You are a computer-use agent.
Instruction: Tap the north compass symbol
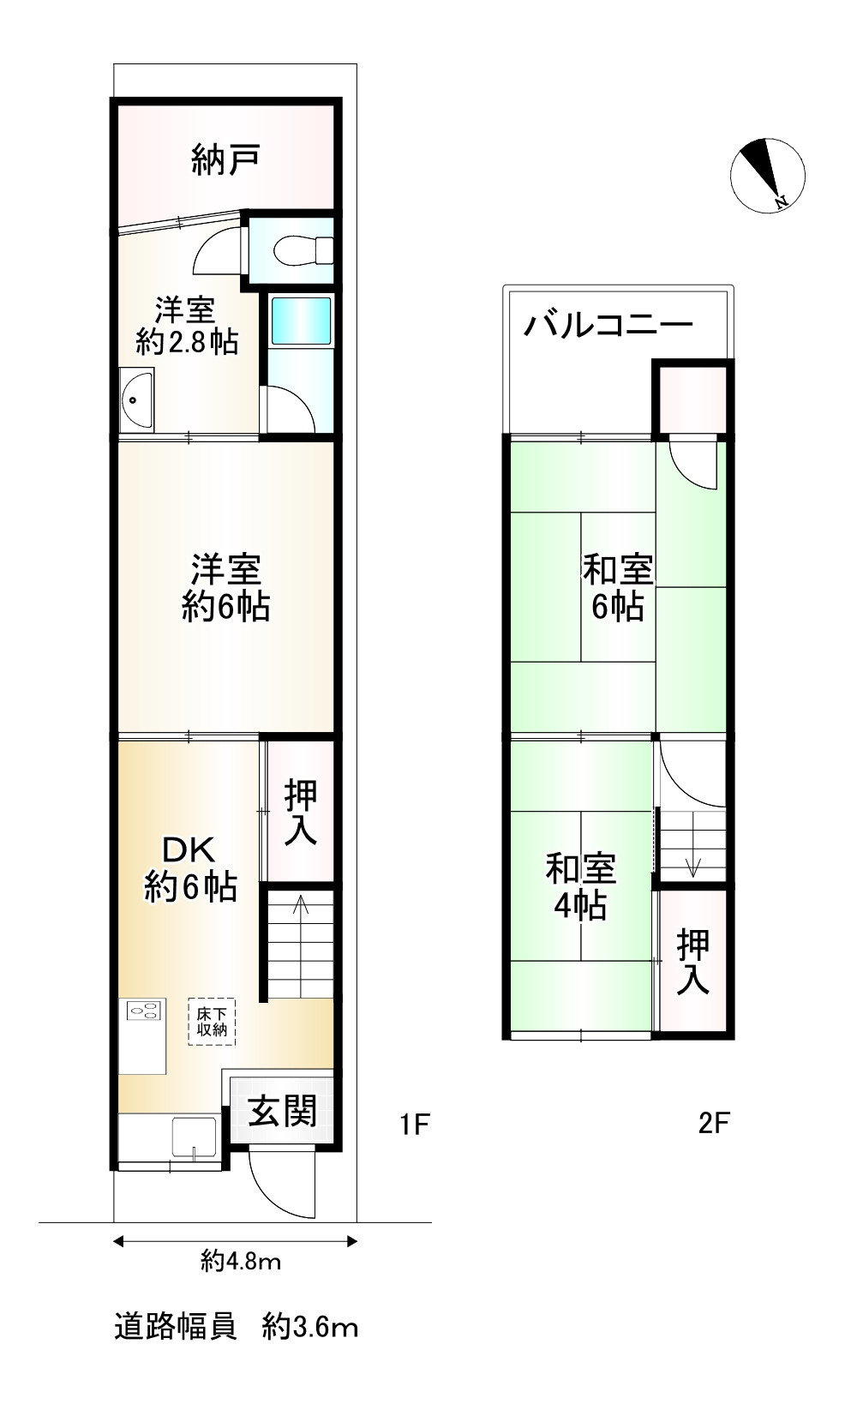[767, 173]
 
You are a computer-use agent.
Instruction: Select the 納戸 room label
[225, 159]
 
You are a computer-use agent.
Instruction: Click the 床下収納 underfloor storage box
[212, 1021]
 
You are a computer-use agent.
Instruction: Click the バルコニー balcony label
[608, 326]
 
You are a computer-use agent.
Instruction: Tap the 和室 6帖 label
[617, 587]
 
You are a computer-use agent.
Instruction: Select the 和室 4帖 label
[581, 886]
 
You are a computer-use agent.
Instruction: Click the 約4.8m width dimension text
[241, 1261]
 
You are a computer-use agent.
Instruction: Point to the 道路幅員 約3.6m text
[236, 1328]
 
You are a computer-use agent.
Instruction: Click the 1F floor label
[414, 1123]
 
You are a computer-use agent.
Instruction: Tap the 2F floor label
[713, 1123]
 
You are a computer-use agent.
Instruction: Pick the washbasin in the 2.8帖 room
[135, 400]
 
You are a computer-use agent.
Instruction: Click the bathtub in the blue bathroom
[300, 322]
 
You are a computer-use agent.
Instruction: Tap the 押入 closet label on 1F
[300, 811]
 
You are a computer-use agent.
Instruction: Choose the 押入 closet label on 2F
[692, 962]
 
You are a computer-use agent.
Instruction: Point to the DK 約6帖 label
[190, 867]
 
